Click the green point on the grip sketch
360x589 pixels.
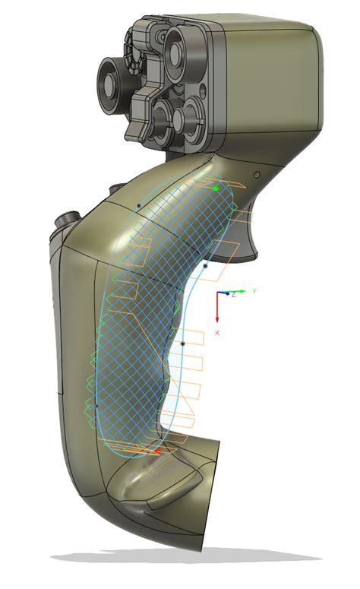point(216,188)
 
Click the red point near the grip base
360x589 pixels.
point(157,451)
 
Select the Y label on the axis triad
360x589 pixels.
point(255,291)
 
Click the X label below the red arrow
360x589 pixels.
point(217,333)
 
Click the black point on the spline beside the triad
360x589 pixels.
point(207,266)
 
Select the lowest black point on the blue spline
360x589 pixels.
point(183,344)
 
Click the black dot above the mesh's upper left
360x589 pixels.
point(137,205)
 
